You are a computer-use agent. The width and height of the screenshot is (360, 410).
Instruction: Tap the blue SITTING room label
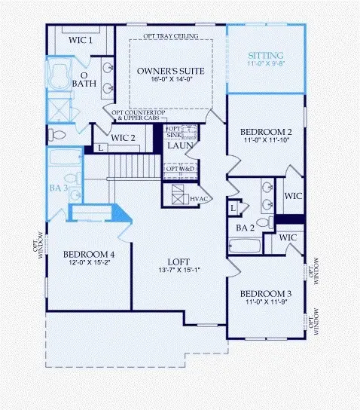tap(267, 56)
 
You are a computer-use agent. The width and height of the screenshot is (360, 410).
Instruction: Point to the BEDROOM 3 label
tap(264, 294)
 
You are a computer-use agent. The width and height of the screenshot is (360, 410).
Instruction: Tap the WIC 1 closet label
tap(80, 40)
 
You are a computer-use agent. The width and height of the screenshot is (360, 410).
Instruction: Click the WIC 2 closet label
tap(121, 138)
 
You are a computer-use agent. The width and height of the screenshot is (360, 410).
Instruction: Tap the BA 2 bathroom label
tap(243, 227)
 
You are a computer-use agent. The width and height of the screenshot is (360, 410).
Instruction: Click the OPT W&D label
tap(180, 167)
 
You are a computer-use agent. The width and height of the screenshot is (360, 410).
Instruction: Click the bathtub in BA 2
tap(243, 246)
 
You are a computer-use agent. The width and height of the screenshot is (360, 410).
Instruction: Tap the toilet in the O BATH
tap(56, 136)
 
